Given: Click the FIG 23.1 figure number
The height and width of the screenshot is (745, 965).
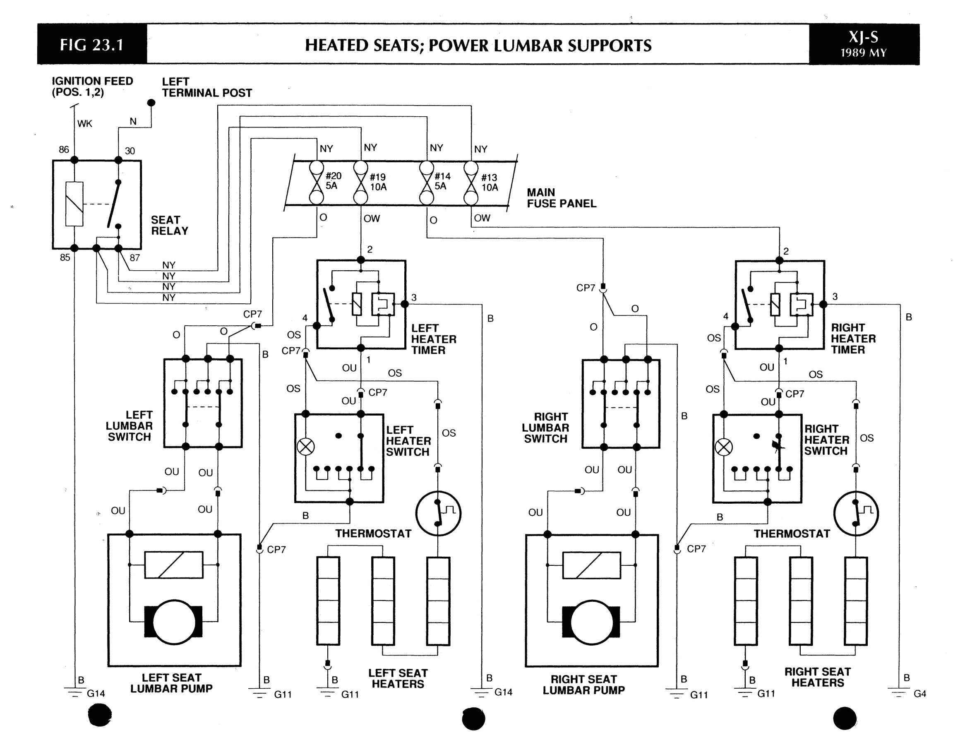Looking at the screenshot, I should pyautogui.click(x=91, y=45).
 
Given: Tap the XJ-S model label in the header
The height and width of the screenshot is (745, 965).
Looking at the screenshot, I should pyautogui.click(x=863, y=38).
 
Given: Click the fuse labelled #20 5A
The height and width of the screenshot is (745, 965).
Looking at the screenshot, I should pyautogui.click(x=317, y=183).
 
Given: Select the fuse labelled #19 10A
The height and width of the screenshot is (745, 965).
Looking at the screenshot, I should pyautogui.click(x=360, y=183).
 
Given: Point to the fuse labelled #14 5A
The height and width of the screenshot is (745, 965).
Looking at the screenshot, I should pyautogui.click(x=426, y=183).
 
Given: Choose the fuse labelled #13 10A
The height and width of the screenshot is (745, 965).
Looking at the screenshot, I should pyautogui.click(x=470, y=183).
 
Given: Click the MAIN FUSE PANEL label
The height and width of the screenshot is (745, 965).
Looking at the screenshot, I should pyautogui.click(x=561, y=198).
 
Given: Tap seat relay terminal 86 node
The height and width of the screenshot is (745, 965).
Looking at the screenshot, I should pyautogui.click(x=74, y=160).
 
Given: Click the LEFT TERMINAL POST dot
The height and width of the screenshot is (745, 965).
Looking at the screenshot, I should pyautogui.click(x=151, y=103).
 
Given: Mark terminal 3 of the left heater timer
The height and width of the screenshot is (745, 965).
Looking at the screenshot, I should pyautogui.click(x=404, y=304).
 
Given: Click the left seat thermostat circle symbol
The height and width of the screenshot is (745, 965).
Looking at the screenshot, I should pyautogui.click(x=438, y=514).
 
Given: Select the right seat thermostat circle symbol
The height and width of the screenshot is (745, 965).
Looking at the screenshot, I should pyautogui.click(x=856, y=514).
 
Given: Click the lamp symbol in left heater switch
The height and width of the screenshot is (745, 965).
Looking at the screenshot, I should pyautogui.click(x=305, y=447).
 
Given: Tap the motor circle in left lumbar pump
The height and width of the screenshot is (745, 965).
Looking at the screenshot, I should pyautogui.click(x=174, y=622).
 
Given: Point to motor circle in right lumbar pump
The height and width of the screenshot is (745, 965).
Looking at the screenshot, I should pyautogui.click(x=591, y=622).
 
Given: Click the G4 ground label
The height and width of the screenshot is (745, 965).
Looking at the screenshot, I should pyautogui.click(x=919, y=694).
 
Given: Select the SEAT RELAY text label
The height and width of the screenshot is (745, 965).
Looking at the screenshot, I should pyautogui.click(x=169, y=225).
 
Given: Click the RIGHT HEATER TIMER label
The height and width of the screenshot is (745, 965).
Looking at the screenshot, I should pyautogui.click(x=853, y=339).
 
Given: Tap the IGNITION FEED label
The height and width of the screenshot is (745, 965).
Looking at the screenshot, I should pyautogui.click(x=92, y=87).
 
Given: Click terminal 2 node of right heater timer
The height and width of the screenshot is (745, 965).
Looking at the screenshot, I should pyautogui.click(x=780, y=260).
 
